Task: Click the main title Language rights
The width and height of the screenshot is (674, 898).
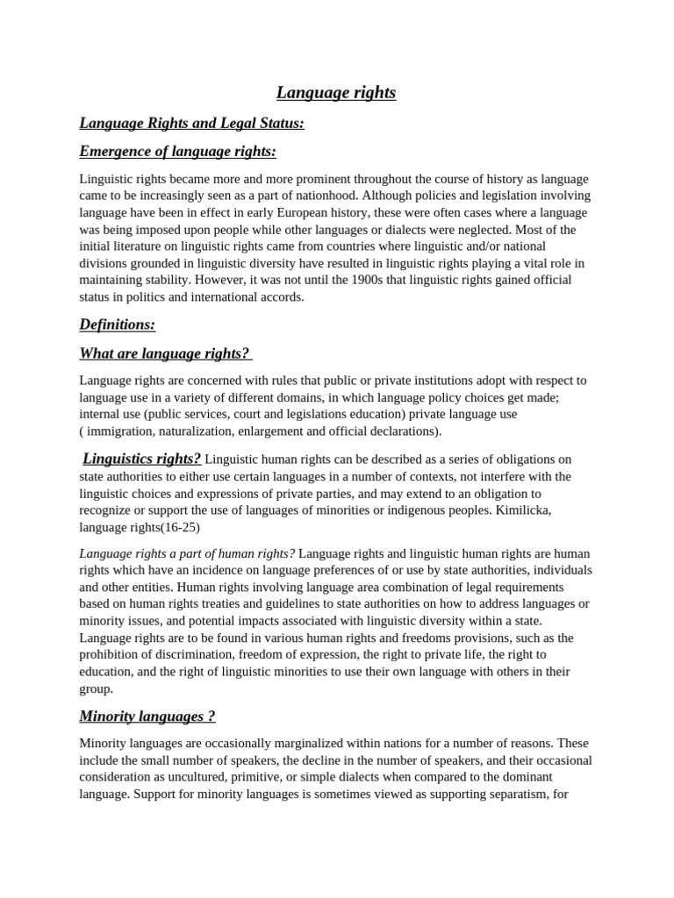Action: (x=336, y=92)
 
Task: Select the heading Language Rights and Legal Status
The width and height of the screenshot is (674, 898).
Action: (x=191, y=123)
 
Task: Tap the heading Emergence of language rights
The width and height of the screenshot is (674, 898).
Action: (x=177, y=152)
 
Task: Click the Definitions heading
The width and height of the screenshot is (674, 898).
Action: (x=117, y=324)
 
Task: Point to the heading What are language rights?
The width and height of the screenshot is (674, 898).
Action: (x=165, y=353)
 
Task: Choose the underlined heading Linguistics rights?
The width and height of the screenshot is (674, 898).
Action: (x=141, y=459)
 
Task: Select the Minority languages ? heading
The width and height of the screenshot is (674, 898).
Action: (x=147, y=716)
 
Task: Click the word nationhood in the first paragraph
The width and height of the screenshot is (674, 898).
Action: (x=324, y=196)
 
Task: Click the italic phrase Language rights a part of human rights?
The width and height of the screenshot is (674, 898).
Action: (x=187, y=553)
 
